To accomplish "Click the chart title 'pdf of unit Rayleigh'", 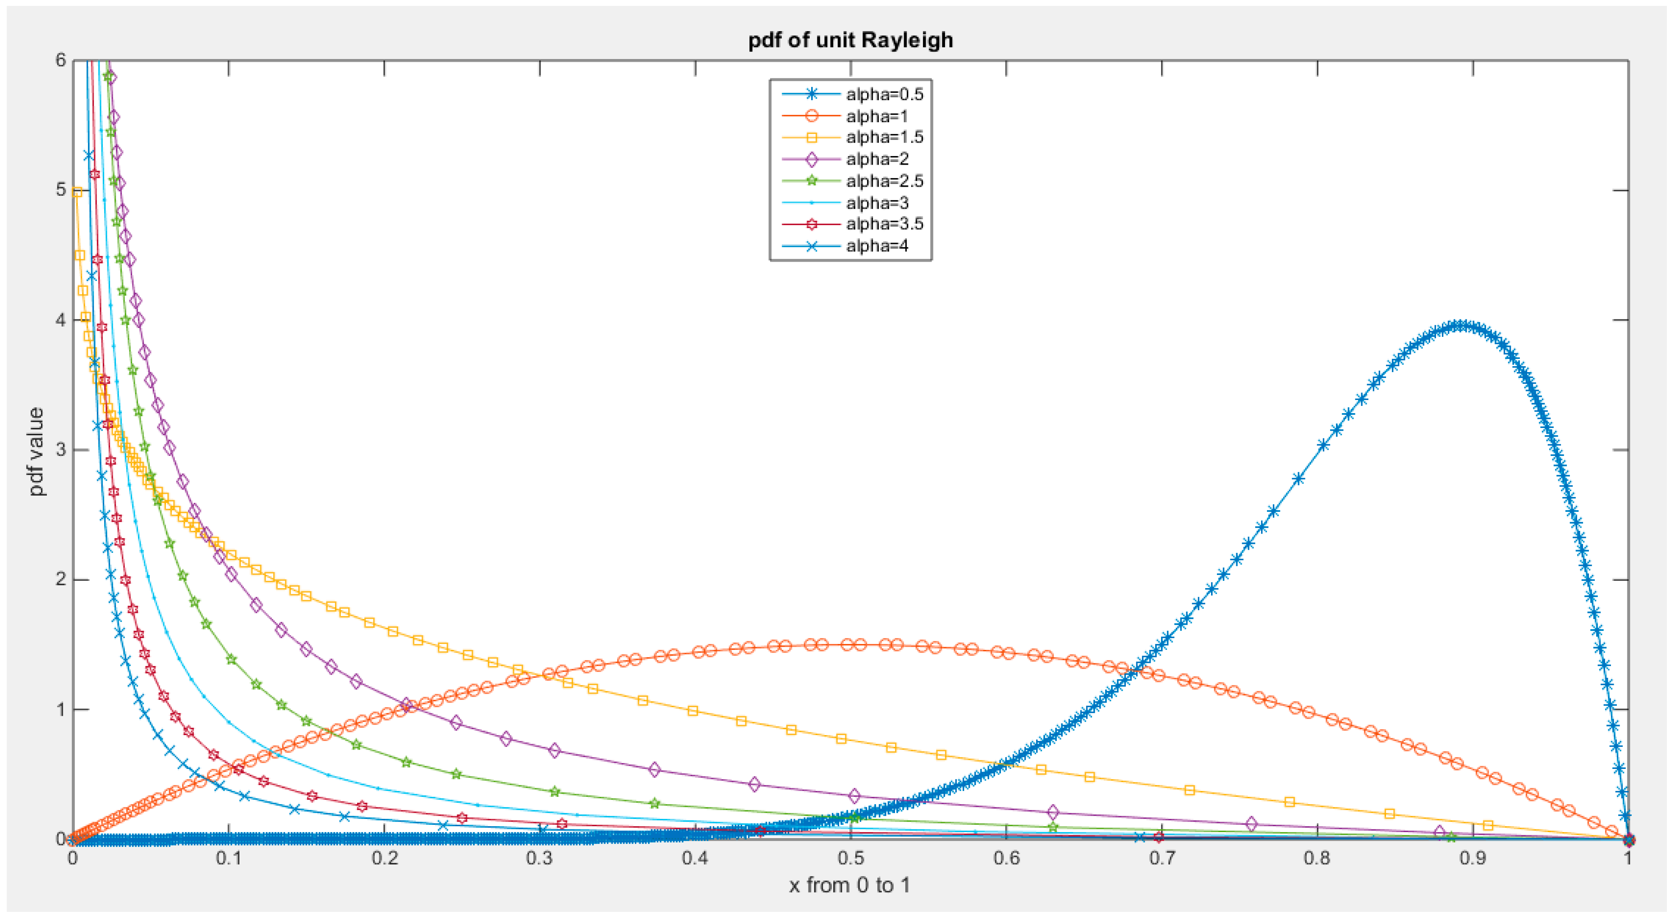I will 850,40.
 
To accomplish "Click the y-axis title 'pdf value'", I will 37,451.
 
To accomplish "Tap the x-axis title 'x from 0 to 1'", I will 849,886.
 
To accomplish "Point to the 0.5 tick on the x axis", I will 850,858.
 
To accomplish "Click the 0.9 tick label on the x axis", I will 1473,858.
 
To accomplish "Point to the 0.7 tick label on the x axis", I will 1162,858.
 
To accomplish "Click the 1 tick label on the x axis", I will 1628,858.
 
